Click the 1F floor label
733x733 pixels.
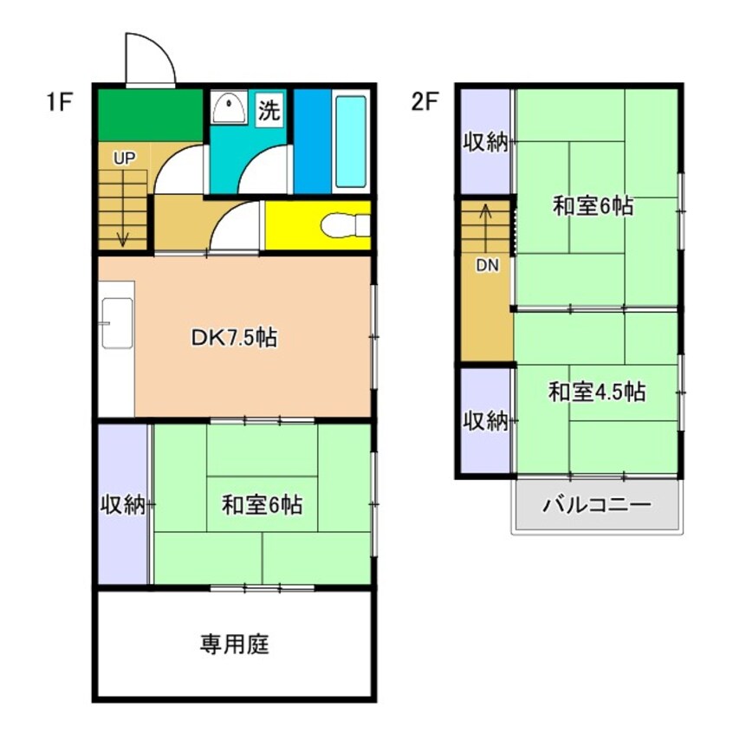click(x=60, y=102)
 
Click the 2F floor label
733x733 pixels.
click(x=425, y=101)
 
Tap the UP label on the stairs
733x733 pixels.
click(x=125, y=159)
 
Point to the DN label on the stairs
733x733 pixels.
click(x=487, y=265)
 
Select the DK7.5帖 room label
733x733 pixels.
click(x=234, y=337)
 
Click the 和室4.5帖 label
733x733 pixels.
click(x=597, y=392)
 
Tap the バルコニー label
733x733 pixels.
click(x=596, y=505)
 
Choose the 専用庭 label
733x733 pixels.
click(x=234, y=645)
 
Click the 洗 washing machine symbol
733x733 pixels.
click(x=269, y=109)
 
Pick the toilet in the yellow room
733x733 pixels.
click(x=345, y=226)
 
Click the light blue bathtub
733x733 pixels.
click(x=351, y=141)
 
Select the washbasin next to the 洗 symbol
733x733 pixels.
click(x=229, y=108)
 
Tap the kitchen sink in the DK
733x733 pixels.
click(x=117, y=323)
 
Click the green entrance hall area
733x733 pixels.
click(x=150, y=115)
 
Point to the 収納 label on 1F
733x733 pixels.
click(x=123, y=504)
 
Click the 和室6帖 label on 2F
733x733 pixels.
click(x=593, y=205)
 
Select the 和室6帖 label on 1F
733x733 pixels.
click(x=262, y=505)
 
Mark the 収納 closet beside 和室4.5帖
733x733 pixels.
click(x=486, y=421)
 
